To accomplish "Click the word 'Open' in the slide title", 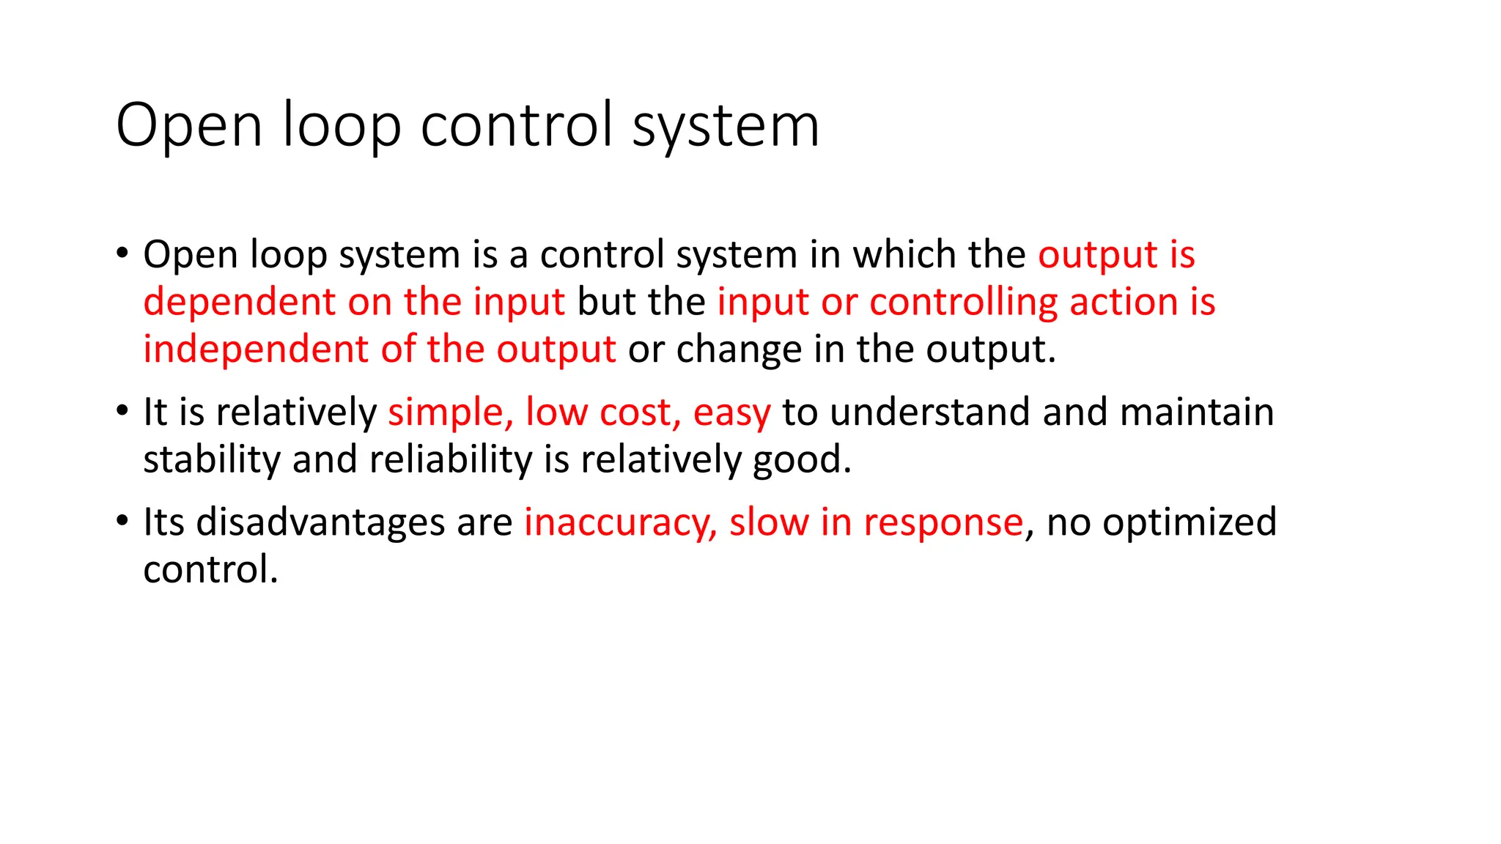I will (x=188, y=126).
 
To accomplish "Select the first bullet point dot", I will (x=122, y=254).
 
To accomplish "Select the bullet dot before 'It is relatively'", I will (x=122, y=412).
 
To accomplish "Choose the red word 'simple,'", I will (x=450, y=412).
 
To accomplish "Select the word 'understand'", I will (x=930, y=412).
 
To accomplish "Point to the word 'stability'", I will (x=211, y=460).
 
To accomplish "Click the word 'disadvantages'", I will (x=320, y=522).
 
